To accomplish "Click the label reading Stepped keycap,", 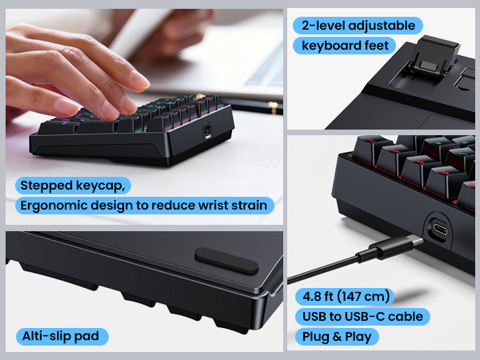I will pyautogui.click(x=73, y=186).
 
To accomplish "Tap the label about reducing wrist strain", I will pyautogui.click(x=144, y=206).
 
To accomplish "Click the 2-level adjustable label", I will pyautogui.click(x=358, y=26).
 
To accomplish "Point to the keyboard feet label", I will pyautogui.click(x=346, y=45).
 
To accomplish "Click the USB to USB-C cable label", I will pyautogui.click(x=362, y=316).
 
